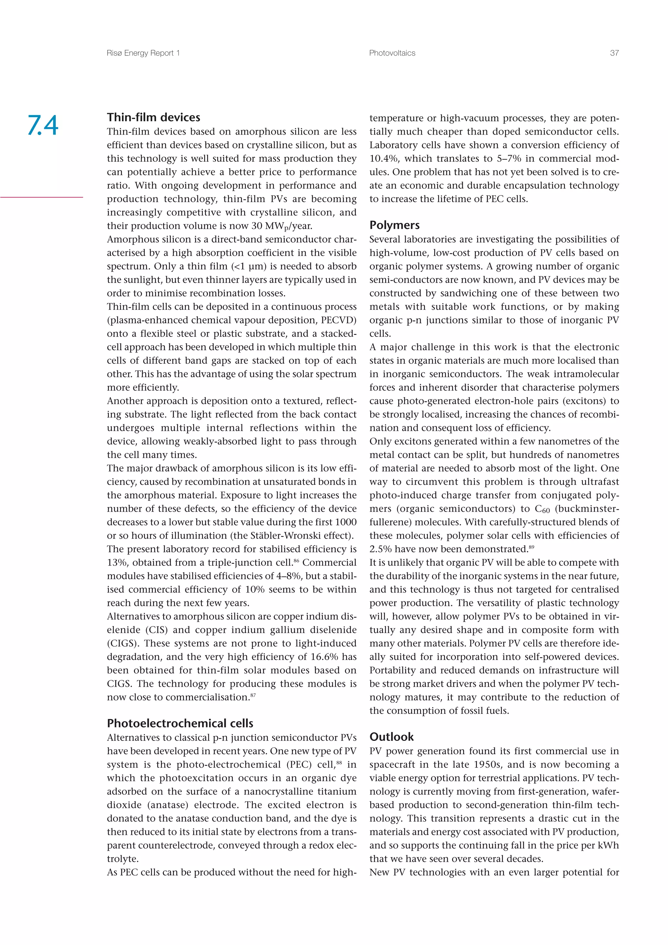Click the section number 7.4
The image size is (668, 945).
click(43, 125)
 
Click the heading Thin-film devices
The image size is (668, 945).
click(154, 117)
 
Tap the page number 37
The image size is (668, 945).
click(614, 53)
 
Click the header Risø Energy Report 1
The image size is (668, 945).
click(143, 53)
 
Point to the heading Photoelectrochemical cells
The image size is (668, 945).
click(180, 723)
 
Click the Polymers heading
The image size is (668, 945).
click(394, 225)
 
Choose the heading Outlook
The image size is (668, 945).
click(391, 737)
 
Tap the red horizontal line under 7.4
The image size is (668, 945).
click(41, 197)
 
